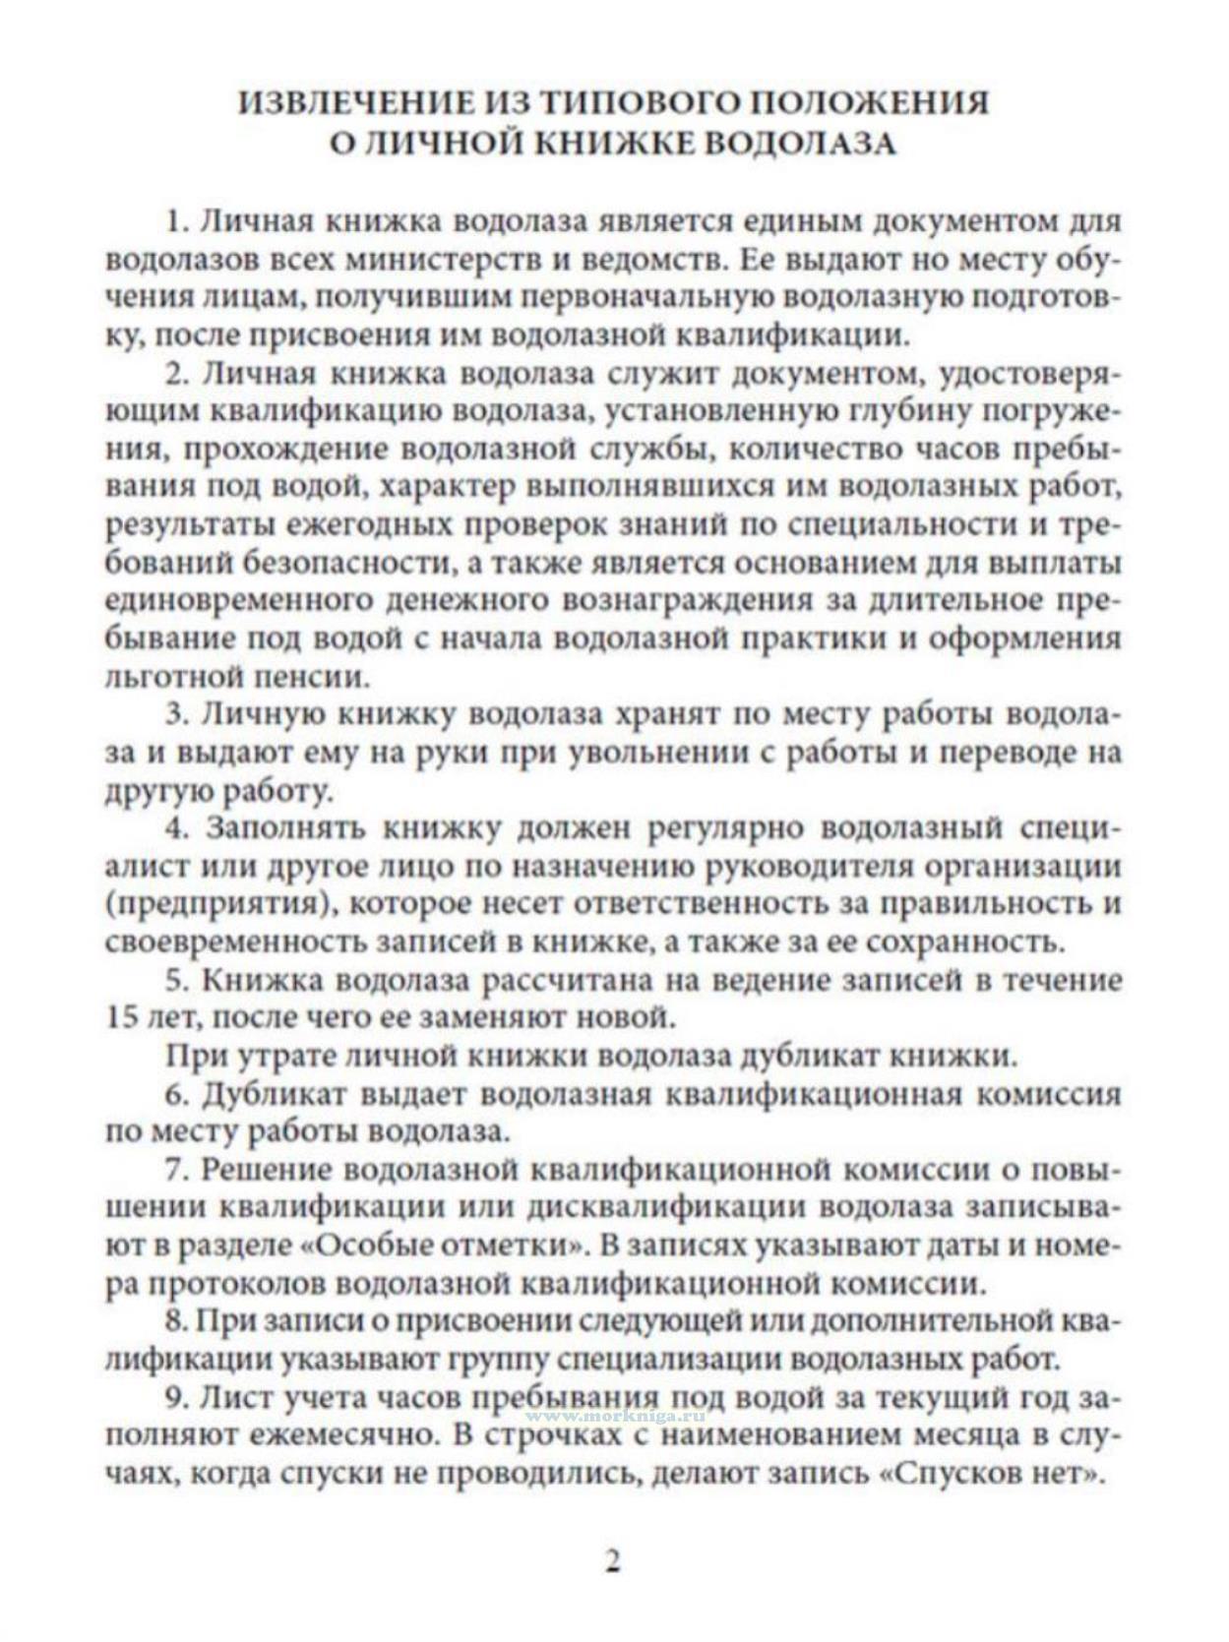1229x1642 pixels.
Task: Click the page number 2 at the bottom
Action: (613, 1561)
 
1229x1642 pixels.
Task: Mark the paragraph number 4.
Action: (177, 827)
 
